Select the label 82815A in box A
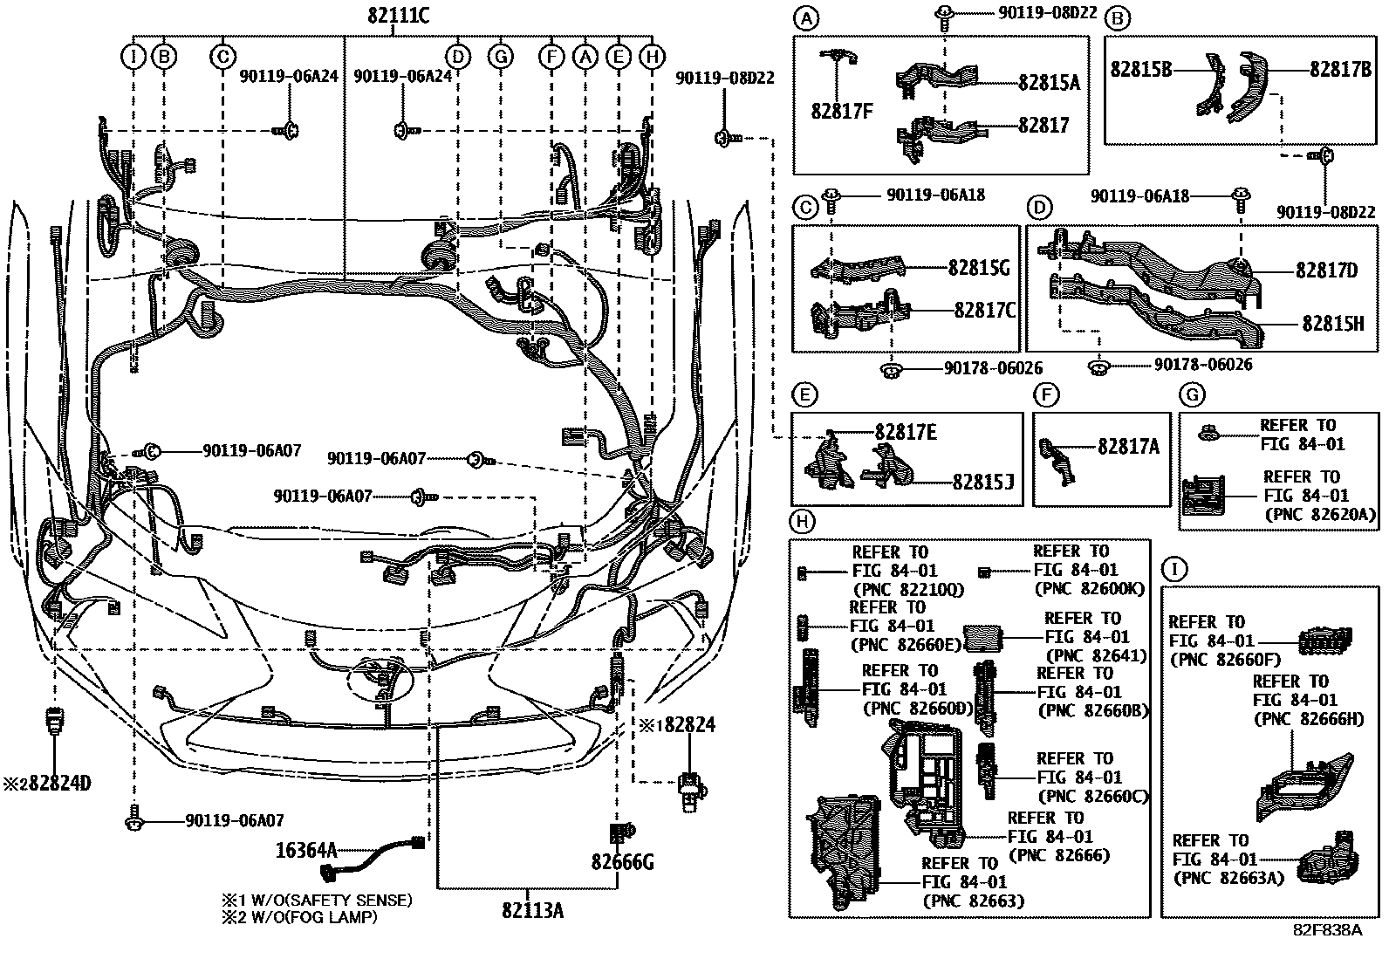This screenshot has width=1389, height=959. pos(1049,83)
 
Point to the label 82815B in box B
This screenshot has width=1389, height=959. pos(1140,69)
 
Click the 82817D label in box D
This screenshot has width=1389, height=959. pos(1326,271)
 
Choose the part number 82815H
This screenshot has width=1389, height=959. pos(1332,324)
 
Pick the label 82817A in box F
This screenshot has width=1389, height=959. pos(1128,447)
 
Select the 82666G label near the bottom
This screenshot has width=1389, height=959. pos(622,863)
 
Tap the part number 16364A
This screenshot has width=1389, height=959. pos(305,849)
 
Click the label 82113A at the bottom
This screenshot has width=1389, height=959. pos(532,911)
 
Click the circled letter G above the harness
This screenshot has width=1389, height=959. pos(500,57)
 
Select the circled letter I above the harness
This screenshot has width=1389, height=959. pos(133,57)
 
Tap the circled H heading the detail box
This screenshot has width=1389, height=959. pos(801,523)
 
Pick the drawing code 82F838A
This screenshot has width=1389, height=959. pos(1327,929)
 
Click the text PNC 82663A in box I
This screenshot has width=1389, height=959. pos(1228,878)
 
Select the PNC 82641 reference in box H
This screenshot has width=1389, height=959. pos(1095,656)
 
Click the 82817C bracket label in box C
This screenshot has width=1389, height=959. pos(984,310)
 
